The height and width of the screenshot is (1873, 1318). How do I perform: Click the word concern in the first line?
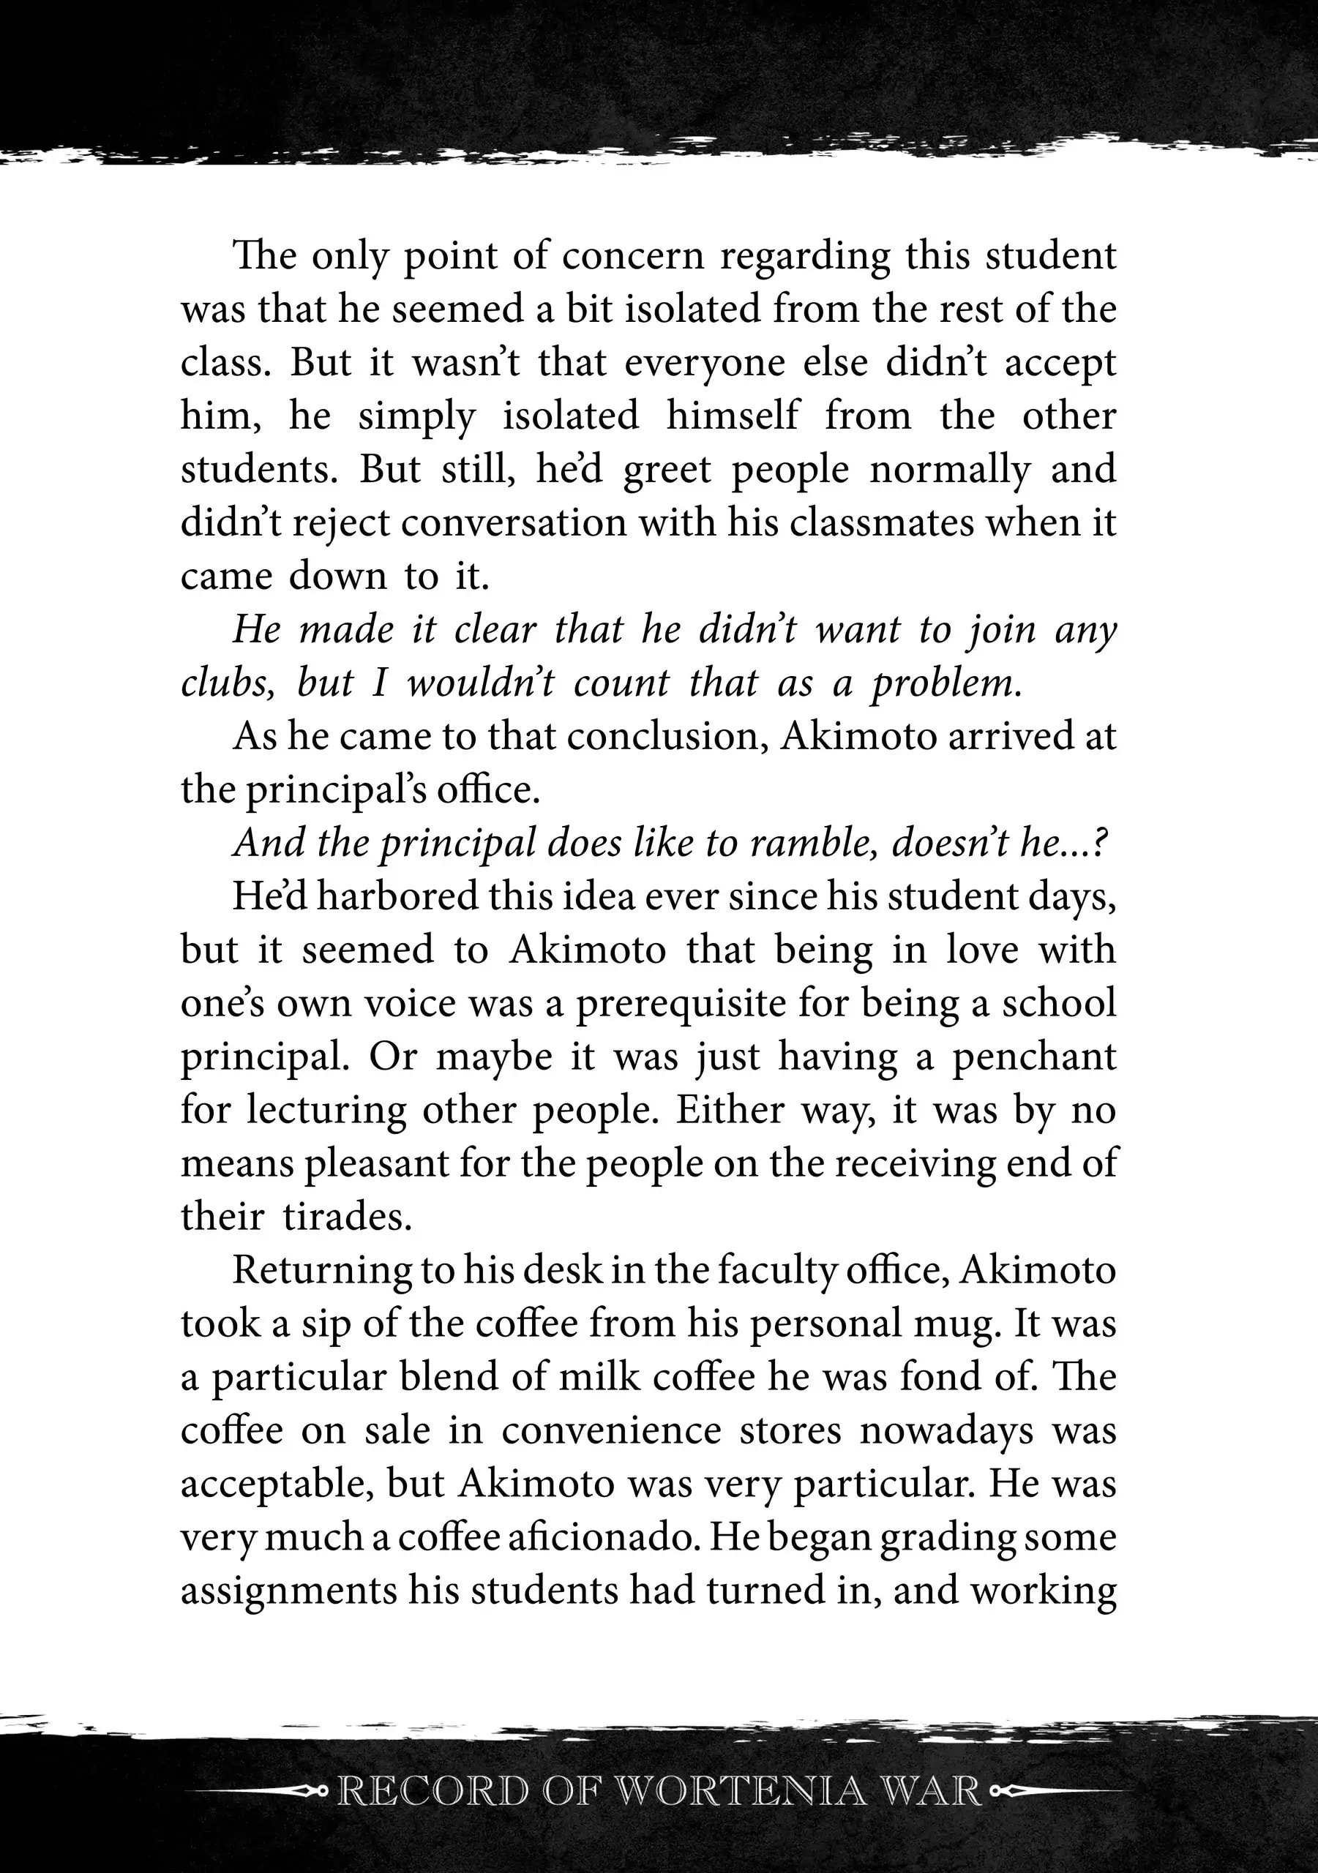632,256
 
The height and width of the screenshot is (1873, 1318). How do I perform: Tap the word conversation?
514,523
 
